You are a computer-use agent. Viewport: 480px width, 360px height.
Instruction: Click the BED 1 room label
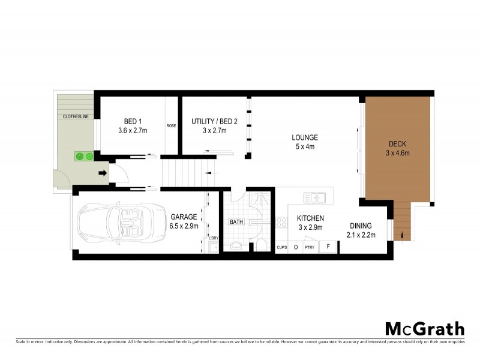click(133, 121)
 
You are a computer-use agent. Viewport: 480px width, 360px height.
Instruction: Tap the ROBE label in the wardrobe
click(171, 126)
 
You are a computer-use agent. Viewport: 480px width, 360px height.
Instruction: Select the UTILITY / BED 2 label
click(214, 121)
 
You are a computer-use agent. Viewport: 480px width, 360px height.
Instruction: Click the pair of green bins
click(83, 157)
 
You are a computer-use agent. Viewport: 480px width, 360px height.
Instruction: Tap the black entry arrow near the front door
click(103, 174)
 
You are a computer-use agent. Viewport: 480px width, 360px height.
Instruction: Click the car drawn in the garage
click(123, 223)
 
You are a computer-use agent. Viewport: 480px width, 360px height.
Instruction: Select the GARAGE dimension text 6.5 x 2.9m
click(184, 226)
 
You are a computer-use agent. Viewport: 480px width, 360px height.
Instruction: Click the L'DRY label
click(213, 238)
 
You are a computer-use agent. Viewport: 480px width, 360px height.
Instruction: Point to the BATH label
click(236, 222)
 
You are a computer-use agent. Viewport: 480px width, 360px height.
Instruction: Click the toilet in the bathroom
click(261, 244)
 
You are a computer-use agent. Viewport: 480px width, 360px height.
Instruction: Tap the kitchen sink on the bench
click(314, 197)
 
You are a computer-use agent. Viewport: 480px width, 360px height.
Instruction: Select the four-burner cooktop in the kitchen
click(281, 223)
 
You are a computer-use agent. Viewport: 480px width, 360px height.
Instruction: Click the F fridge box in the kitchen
click(328, 246)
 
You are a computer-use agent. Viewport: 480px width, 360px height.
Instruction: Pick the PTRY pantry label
click(310, 247)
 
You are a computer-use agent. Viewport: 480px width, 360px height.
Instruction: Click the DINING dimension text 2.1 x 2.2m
click(361, 235)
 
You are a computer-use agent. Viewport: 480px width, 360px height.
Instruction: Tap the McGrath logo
click(424, 328)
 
